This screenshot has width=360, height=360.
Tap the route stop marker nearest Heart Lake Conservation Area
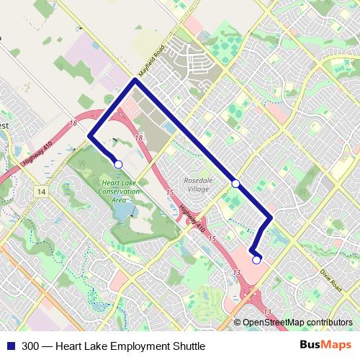pos(118,165)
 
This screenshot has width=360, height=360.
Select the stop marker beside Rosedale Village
pos(235,184)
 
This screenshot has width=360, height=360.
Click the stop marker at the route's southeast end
pos(256,260)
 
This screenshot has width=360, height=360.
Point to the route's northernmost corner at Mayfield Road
pos(135,81)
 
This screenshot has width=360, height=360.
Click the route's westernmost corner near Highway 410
pos(89,135)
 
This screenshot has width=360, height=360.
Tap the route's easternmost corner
pos(270,218)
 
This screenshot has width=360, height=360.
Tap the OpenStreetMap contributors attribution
pos(297,323)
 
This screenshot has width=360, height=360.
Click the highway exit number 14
pos(42,192)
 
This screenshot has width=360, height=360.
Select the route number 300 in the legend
pos(31,346)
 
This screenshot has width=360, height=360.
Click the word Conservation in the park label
pos(118,192)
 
